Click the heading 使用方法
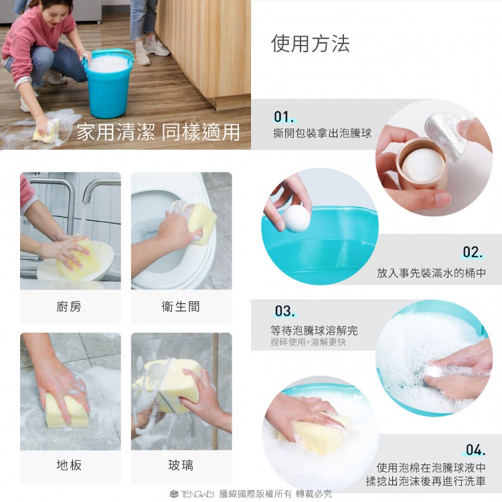click(310, 44)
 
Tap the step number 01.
click(284, 117)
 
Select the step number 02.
click(473, 252)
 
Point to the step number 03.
click(284, 311)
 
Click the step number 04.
click(475, 450)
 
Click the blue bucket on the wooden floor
click(108, 83)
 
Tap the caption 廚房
click(69, 307)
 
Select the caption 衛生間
click(181, 307)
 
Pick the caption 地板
click(69, 465)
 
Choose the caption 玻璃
click(181, 465)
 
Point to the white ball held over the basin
click(296, 218)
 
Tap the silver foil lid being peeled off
click(446, 135)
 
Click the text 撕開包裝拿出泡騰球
click(323, 133)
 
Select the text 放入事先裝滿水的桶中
click(431, 273)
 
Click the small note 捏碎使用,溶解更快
click(308, 342)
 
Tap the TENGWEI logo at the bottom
click(192, 494)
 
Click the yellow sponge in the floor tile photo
click(66, 410)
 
